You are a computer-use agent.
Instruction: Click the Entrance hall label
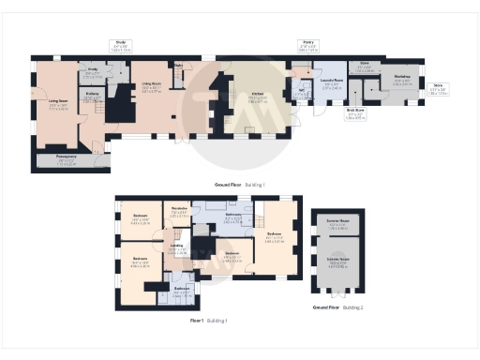click(x=93, y=96)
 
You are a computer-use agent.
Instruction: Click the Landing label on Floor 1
click(x=176, y=249)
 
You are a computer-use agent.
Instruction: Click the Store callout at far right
click(x=438, y=91)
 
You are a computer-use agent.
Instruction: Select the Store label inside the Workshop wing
click(x=366, y=68)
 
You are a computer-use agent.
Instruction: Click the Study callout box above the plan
click(x=120, y=44)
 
